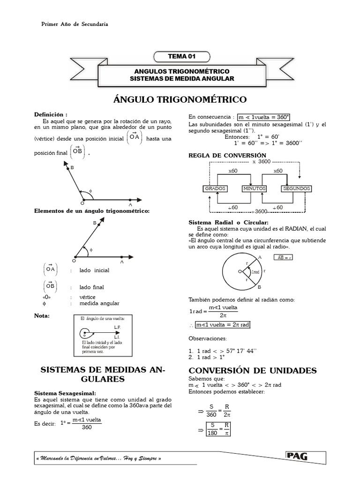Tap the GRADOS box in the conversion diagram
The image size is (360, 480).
pyautogui.click(x=215, y=188)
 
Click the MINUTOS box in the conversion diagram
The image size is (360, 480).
pyautogui.click(x=254, y=188)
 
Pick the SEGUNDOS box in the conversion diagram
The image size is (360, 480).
pyautogui.click(x=296, y=188)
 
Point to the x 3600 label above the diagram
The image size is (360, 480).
pyautogui.click(x=261, y=162)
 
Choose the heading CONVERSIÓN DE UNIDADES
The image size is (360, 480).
pyautogui.click(x=252, y=371)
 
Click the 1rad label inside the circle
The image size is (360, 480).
pyautogui.click(x=255, y=272)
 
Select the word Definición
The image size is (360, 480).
pyautogui.click(x=51, y=114)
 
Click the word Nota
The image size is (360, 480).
pyautogui.click(x=42, y=315)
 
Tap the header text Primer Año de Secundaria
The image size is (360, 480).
pyautogui.click(x=75, y=24)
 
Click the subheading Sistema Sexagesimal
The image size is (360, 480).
pyautogui.click(x=65, y=392)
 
